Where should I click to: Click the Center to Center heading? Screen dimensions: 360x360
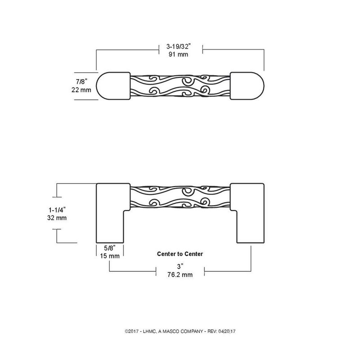point(180,254)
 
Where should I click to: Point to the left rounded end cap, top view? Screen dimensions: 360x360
point(113,85)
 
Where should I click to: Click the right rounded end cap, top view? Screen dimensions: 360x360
point(247,85)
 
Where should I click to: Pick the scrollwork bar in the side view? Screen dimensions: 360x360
point(180,197)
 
